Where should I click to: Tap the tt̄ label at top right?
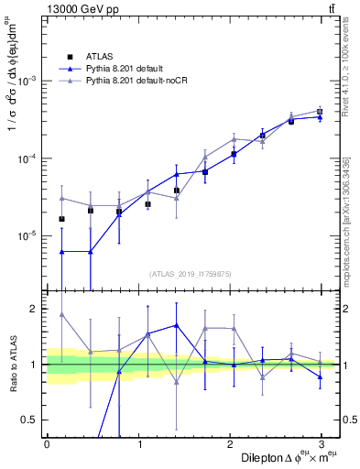point(330,9)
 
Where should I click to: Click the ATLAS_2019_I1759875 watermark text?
point(191,272)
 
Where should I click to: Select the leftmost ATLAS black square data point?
point(61,219)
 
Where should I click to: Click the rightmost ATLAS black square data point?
point(320,112)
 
